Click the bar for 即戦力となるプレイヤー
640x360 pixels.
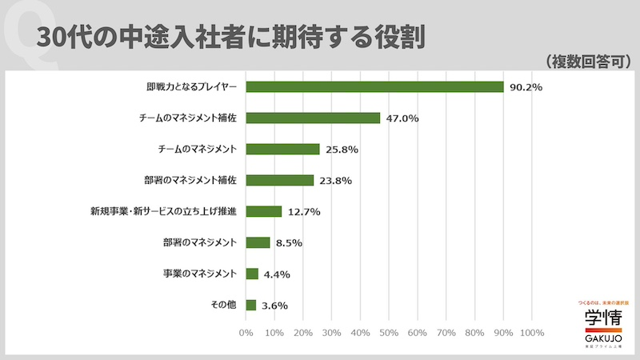(374, 86)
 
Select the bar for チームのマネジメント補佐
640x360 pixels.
(313, 118)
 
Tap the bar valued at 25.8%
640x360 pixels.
(282, 149)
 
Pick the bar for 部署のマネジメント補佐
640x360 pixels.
(280, 180)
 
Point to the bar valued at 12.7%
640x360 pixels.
(264, 211)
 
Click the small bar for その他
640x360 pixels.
(251, 305)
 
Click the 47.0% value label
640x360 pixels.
(402, 118)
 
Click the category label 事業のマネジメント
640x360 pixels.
(199, 274)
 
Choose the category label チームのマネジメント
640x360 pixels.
(197, 149)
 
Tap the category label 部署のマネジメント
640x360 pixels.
(199, 242)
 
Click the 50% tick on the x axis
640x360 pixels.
(389, 332)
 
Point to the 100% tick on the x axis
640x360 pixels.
(531, 332)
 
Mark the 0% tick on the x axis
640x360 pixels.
(246, 332)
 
